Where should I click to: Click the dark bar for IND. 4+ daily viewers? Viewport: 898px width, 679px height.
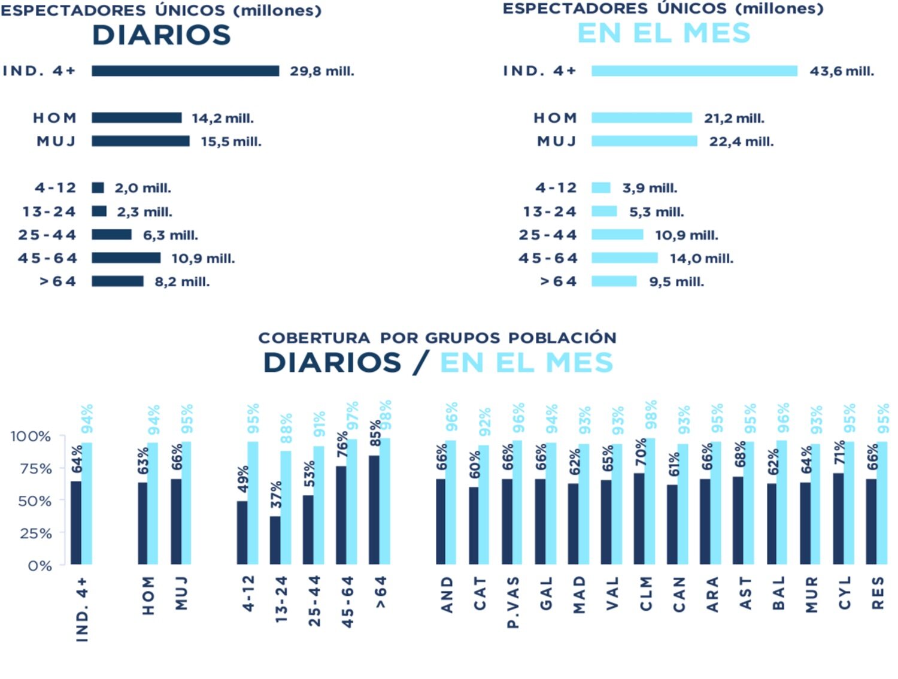click(185, 71)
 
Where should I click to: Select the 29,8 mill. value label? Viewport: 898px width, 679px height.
click(322, 71)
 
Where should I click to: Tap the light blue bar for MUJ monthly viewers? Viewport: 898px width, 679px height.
click(644, 141)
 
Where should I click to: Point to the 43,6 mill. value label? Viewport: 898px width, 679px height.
click(842, 71)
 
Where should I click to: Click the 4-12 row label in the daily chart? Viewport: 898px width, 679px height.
click(56, 188)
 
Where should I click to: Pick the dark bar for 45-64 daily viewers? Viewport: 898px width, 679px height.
click(126, 258)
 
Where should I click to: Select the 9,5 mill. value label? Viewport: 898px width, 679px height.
click(676, 282)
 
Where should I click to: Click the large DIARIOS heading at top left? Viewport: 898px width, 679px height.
click(162, 35)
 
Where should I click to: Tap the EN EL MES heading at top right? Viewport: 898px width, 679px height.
click(663, 33)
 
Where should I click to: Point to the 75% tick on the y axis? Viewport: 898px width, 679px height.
click(36, 469)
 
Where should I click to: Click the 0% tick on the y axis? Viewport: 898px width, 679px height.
click(40, 566)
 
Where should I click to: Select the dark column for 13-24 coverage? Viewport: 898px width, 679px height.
click(275, 540)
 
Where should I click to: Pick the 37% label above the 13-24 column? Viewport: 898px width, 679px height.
click(276, 495)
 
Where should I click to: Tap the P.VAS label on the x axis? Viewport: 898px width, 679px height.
click(513, 602)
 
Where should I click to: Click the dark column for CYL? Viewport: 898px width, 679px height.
click(838, 519)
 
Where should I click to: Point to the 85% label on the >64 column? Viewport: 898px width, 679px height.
click(375, 434)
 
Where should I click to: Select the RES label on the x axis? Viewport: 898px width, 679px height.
click(878, 593)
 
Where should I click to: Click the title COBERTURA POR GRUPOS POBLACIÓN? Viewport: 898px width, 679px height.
click(437, 338)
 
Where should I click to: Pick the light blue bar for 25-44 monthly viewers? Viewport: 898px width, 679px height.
click(617, 235)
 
